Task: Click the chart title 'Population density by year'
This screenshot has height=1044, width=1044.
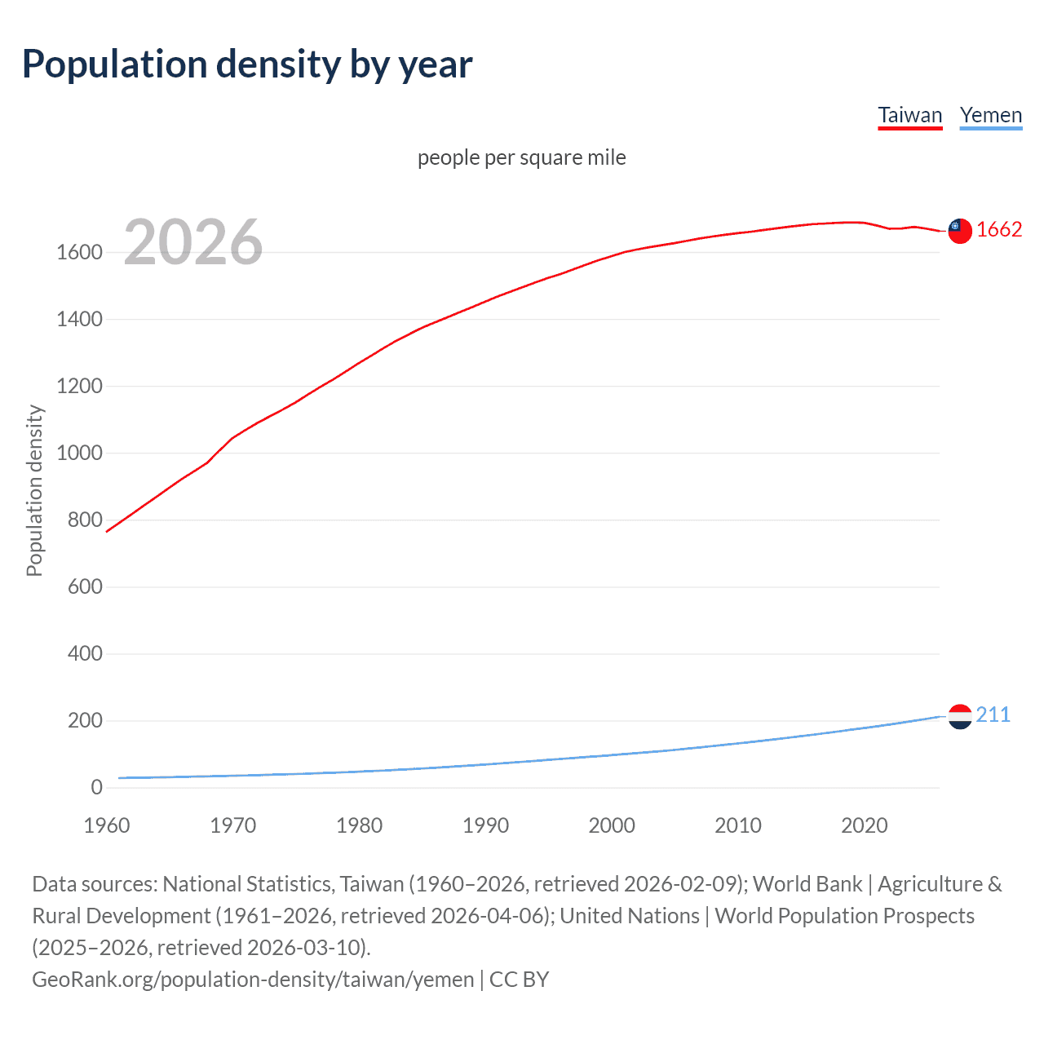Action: [246, 64]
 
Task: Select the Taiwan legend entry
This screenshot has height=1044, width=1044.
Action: [909, 115]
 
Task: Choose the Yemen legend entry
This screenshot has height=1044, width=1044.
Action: [990, 115]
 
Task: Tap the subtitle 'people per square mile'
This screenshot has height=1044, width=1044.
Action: [521, 157]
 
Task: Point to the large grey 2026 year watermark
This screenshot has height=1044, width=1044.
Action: [193, 242]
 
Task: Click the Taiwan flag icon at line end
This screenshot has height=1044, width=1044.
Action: [960, 231]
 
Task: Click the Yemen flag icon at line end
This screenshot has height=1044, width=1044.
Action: [960, 716]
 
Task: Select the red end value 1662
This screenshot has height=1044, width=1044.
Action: [998, 230]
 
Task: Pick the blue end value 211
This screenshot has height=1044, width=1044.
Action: [993, 715]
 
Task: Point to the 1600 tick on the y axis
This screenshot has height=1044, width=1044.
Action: [79, 253]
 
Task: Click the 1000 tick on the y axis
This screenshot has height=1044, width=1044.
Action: [79, 453]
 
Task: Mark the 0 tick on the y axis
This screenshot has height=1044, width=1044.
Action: [96, 788]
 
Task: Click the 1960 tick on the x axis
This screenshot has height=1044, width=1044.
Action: [107, 825]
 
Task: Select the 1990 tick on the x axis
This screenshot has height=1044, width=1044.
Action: [485, 825]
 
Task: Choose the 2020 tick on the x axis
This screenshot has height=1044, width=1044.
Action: [864, 825]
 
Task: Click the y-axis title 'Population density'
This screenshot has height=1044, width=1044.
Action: [34, 491]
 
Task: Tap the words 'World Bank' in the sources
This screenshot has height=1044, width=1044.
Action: [807, 884]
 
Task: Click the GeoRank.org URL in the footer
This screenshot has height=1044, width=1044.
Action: [253, 980]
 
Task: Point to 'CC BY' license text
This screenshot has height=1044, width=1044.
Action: [519, 980]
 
